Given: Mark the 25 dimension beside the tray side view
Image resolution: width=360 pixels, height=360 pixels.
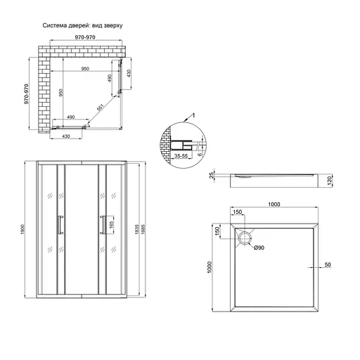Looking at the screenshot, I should [210, 176].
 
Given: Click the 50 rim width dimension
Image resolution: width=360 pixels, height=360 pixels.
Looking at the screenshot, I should [328, 266].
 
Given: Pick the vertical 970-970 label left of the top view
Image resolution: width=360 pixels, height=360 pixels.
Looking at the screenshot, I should [26, 92].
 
